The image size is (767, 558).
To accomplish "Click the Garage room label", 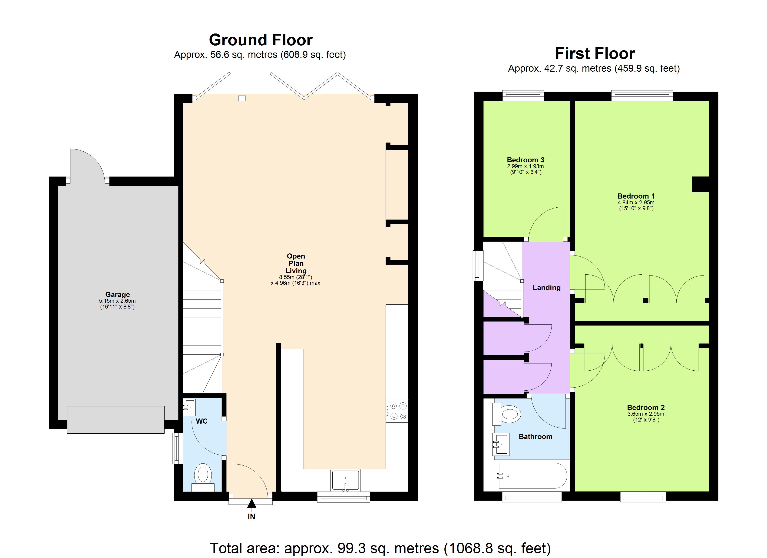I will coord(117,294).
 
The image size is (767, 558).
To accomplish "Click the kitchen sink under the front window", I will coord(345,480).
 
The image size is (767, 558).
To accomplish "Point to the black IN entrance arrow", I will coord(251,504).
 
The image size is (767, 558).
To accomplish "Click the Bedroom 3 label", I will coord(525,160).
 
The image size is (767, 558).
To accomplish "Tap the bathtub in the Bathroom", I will coord(531,475).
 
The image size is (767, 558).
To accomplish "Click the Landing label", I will coord(546,288).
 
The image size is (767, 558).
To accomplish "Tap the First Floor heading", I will coord(595,53).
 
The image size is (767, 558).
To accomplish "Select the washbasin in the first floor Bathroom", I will coord(501,444).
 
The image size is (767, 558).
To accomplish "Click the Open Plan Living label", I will coord(296,263).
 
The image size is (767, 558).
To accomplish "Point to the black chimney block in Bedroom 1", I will coord(700,184).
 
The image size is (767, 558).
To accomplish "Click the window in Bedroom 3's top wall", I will coord(523,96).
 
